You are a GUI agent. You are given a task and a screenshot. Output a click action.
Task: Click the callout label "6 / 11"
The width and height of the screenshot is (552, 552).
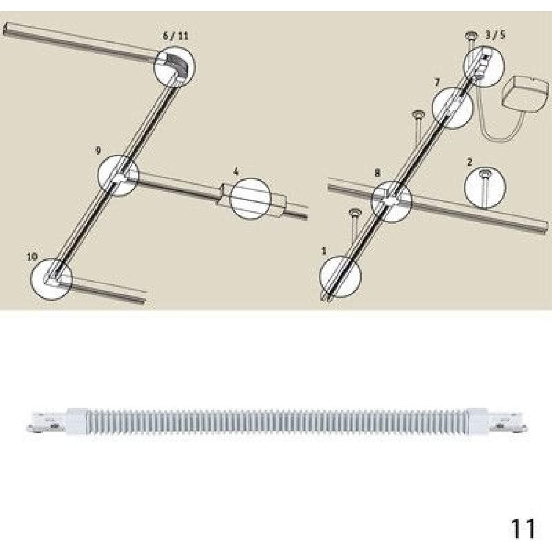pos(176,36)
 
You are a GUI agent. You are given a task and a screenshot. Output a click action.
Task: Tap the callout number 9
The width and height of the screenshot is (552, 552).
pos(99,151)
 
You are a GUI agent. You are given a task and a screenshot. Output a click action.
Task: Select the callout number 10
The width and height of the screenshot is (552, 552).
pos(32,256)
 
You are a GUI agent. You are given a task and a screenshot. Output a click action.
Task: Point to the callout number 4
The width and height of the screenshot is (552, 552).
pos(236,172)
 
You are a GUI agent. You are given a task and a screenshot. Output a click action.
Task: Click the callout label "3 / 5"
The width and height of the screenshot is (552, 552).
pos(495,34)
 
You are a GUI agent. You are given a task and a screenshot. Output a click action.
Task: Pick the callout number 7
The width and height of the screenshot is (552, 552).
pos(437,82)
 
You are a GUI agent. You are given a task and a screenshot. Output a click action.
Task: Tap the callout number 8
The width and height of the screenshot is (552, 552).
pos(378,173)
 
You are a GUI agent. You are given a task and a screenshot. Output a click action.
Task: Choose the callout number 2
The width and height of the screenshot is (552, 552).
pos(470,162)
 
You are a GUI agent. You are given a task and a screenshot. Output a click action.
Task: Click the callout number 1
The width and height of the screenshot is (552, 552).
pos(324,251)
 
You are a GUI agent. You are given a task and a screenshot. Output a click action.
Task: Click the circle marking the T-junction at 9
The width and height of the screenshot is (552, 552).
pos(98,175)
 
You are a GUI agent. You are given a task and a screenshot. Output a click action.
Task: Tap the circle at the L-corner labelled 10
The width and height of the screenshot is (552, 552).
pos(31,279)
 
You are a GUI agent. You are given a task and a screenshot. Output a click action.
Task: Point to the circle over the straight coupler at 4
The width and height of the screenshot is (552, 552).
pos(230,199)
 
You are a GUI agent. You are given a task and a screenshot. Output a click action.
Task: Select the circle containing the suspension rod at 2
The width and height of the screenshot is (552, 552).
pos(465,187)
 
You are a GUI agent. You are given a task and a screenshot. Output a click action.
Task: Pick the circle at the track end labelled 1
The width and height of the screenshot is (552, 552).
pos(320,277)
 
